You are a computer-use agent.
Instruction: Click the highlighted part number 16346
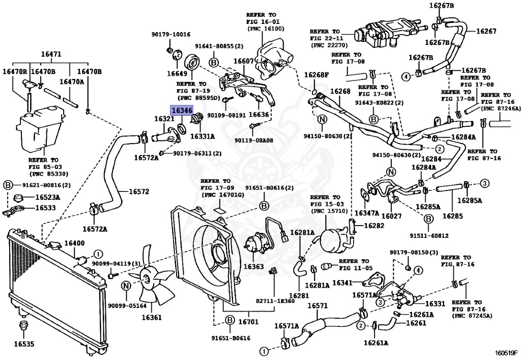pyautogui.click(x=181, y=110)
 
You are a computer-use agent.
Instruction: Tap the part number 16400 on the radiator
pyautogui.click(x=70, y=243)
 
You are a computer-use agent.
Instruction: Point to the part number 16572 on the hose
pyautogui.click(x=138, y=192)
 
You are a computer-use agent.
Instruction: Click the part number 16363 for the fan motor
pyautogui.click(x=253, y=266)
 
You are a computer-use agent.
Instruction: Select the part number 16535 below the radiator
pyautogui.click(x=23, y=344)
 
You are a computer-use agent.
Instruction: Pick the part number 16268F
pyautogui.click(x=316, y=75)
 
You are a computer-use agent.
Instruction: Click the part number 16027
pyautogui.click(x=391, y=216)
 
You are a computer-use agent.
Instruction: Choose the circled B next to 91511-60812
pyautogui.click(x=428, y=219)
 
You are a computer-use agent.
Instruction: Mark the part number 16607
pyautogui.click(x=244, y=61)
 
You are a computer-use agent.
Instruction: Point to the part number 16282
pyautogui.click(x=374, y=225)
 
